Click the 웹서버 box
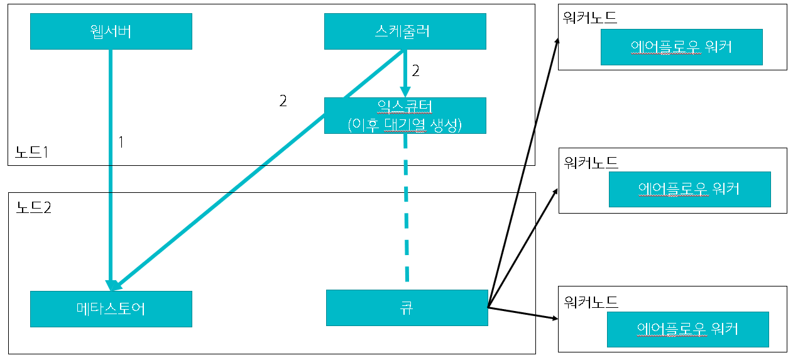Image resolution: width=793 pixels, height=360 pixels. (111, 31)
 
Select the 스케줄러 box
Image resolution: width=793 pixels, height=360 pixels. (405, 31)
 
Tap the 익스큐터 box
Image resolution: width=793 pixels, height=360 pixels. (405, 116)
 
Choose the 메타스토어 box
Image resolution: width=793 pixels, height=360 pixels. (111, 308)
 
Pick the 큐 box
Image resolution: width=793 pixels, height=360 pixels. (407, 308)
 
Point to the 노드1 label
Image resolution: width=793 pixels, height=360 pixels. (32, 151)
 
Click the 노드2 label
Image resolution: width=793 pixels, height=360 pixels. (33, 207)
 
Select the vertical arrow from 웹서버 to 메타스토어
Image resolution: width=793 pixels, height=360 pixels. (111, 188)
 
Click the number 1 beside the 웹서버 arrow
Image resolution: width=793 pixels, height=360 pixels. (122, 143)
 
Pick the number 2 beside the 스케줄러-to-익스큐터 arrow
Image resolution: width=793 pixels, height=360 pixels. (415, 71)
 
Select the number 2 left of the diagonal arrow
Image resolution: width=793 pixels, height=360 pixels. (283, 101)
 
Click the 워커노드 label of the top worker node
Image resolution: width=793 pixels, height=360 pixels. (591, 18)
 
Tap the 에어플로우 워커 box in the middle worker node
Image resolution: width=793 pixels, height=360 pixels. (689, 189)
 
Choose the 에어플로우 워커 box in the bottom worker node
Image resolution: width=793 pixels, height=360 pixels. (687, 329)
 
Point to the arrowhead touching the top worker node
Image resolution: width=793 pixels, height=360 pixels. (557, 40)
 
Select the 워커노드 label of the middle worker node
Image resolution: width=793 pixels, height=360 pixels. (591, 163)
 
